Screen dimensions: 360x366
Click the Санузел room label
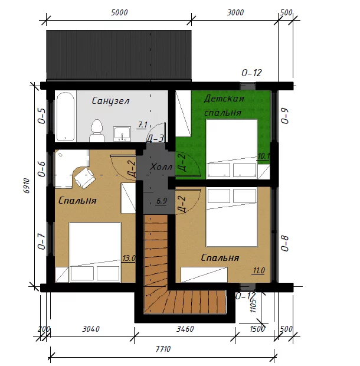(x=110, y=101)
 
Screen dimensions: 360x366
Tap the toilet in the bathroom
(x=97, y=130)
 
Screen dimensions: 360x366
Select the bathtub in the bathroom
(x=66, y=117)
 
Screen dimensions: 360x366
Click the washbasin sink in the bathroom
(x=122, y=134)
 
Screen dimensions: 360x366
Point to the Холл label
(x=161, y=167)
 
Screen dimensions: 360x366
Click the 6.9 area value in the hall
(x=162, y=201)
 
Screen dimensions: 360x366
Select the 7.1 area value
(x=142, y=125)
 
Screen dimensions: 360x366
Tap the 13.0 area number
(x=129, y=258)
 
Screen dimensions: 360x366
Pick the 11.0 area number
(x=258, y=270)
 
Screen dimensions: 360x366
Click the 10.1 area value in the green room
(x=264, y=156)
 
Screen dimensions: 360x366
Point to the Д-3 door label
(x=155, y=139)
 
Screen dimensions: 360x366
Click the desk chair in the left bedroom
(x=85, y=178)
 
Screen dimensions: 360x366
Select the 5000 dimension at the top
(x=119, y=12)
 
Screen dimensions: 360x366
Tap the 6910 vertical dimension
(x=27, y=185)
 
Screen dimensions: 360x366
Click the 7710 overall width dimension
(x=163, y=349)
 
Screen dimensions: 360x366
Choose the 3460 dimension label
(x=185, y=329)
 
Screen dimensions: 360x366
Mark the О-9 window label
(x=285, y=116)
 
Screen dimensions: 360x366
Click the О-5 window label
(x=42, y=116)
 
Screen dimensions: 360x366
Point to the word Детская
(x=224, y=99)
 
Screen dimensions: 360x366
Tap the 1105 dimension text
(x=253, y=306)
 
